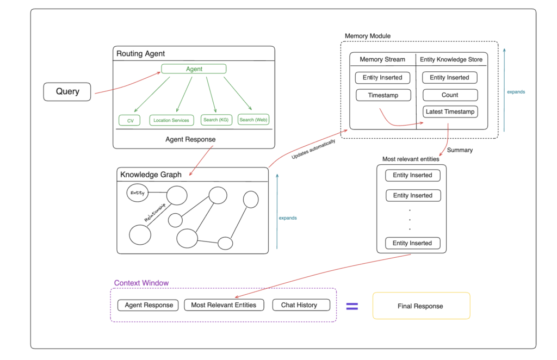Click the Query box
click(x=67, y=91)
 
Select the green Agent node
click(x=194, y=69)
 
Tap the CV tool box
click(x=130, y=120)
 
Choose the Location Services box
click(x=171, y=120)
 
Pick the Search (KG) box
click(x=216, y=120)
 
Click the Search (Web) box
click(x=253, y=120)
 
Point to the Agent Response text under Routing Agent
click(x=190, y=139)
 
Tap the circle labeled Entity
click(x=137, y=193)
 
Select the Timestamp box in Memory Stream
click(x=383, y=95)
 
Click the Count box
click(x=450, y=95)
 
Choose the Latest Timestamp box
click(x=450, y=112)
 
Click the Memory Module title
click(x=368, y=36)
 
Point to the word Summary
click(x=459, y=150)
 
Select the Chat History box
click(x=301, y=305)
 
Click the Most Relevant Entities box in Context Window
click(x=224, y=305)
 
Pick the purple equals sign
click(x=352, y=306)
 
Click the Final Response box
click(x=420, y=306)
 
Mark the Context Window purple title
click(x=141, y=283)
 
